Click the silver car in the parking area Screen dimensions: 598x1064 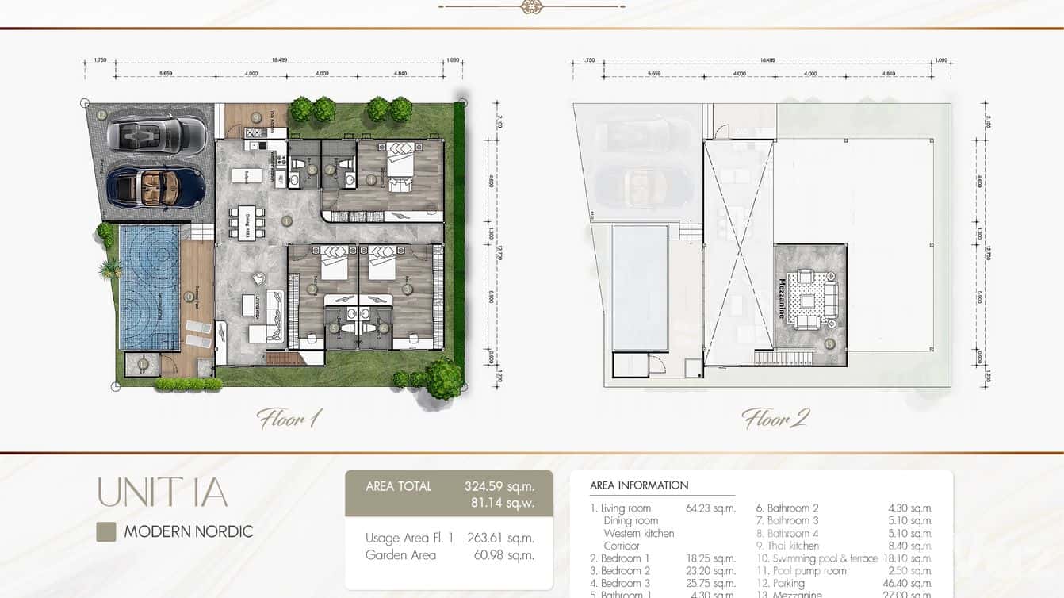[156, 133]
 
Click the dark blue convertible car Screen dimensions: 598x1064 [156, 186]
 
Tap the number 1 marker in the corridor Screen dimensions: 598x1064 [287, 220]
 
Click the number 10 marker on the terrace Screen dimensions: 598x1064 [189, 297]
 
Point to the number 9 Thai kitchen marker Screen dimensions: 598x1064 [256, 117]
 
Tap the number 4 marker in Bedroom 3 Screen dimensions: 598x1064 [371, 179]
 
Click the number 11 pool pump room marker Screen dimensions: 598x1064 [143, 364]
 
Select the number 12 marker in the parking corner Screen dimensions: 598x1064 [102, 114]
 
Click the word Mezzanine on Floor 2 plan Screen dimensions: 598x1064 [782, 298]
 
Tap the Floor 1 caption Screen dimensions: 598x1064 [289, 418]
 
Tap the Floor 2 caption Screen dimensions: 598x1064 [775, 418]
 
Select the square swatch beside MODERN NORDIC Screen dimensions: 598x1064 [106, 531]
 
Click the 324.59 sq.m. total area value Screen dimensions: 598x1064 [499, 486]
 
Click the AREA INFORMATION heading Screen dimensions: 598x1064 [639, 485]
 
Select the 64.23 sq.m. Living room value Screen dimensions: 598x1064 [710, 508]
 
